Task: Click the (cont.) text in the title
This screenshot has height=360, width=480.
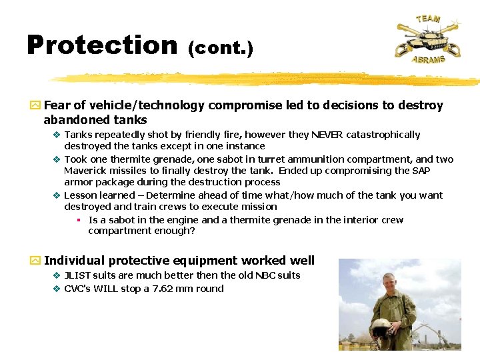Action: coord(220,48)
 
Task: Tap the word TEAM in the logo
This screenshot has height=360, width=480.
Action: coord(428,18)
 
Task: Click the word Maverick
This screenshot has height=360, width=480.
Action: coord(85,171)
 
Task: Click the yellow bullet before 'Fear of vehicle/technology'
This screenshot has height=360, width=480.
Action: coord(35,106)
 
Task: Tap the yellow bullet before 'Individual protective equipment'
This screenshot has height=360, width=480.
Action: coord(35,261)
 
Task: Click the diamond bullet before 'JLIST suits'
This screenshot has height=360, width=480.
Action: coord(57,275)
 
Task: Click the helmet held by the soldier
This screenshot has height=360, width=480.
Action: coord(381,327)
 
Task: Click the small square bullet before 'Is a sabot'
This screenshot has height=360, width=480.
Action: coord(78,220)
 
